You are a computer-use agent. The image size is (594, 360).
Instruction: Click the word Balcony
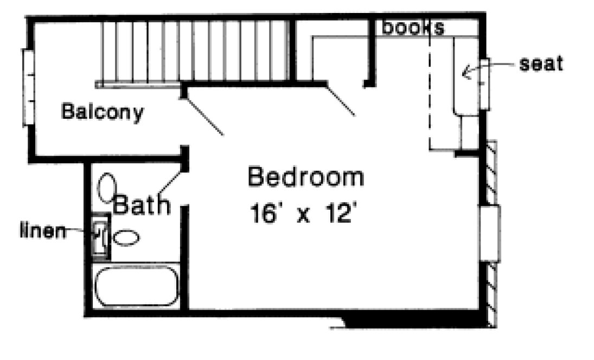[x=103, y=112]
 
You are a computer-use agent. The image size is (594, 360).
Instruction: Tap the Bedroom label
[x=305, y=178]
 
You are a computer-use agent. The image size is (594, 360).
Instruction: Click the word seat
[x=541, y=64]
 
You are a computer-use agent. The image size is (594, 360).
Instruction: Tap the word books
[x=413, y=28]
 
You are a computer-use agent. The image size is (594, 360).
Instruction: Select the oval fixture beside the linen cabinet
[x=126, y=237]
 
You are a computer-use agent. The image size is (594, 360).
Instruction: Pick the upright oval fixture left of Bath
[x=106, y=187]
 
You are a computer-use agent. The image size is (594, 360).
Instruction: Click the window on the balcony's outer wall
[x=28, y=87]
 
